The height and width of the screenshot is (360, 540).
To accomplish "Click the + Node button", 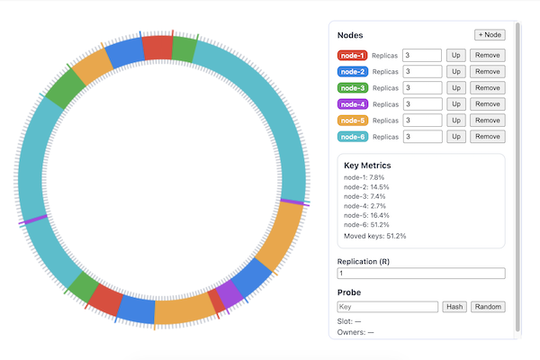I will point(490,34).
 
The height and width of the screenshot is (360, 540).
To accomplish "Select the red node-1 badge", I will point(353,56).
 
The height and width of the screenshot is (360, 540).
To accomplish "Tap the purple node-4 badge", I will point(353,104).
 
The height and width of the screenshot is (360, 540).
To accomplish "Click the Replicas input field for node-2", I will point(422,72).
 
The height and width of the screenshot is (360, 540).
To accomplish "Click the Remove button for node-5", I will point(487,121).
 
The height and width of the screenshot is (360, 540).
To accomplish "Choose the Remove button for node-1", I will point(487,56).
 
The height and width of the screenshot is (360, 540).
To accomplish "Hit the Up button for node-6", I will point(456,137).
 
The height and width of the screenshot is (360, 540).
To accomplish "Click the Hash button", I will point(454,307).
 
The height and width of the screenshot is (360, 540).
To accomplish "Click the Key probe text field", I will point(388,307).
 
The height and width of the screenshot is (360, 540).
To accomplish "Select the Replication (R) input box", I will point(421,274).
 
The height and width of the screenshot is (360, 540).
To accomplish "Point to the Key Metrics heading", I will point(367,166).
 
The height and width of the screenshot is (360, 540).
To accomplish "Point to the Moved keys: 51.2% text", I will point(374,237).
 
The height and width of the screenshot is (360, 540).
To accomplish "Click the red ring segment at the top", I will point(157,48).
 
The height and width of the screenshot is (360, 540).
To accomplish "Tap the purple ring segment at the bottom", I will point(230,292).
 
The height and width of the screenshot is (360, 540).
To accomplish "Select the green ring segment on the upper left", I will point(65,88).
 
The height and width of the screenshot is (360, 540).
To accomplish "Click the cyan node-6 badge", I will point(353,137).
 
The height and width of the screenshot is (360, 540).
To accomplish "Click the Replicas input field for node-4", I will point(422,104).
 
